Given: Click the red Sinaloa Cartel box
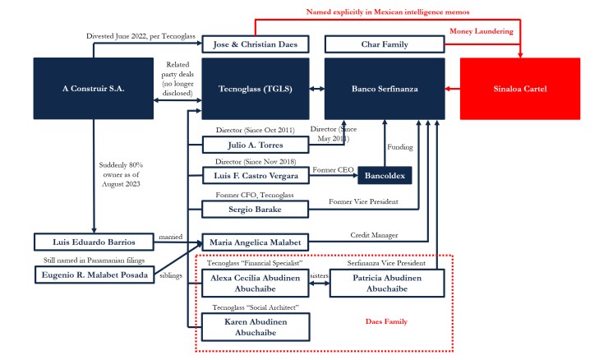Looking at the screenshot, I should click(519, 89).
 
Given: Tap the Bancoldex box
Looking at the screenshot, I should click(385, 176).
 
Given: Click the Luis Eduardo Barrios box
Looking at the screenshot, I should click(94, 242).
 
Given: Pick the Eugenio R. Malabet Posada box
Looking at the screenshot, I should click(94, 275).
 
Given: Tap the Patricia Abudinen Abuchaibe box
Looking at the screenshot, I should click(386, 284).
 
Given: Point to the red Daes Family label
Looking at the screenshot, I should click(385, 321).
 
